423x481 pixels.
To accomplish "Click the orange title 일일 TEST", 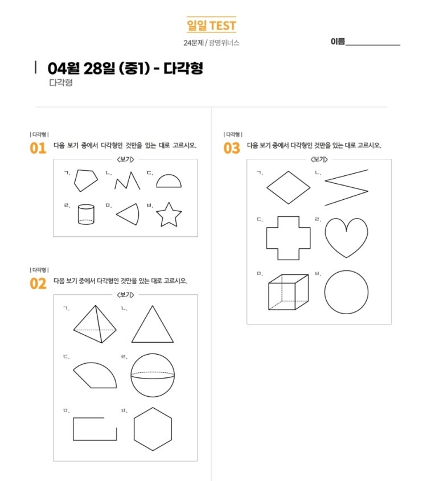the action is pyautogui.click(x=211, y=25).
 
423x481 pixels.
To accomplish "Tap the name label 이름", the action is pyautogui.click(x=338, y=42).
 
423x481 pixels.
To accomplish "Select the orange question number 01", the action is pyautogui.click(x=38, y=148).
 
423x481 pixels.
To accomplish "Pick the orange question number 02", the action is pyautogui.click(x=38, y=283).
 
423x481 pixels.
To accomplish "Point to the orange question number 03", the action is pyautogui.click(x=232, y=148).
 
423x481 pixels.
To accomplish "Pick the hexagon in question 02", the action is pyautogui.click(x=134, y=429).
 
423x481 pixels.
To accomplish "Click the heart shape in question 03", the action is pyautogui.click(x=346, y=257).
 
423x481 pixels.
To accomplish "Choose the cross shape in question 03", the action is pyautogui.click(x=267, y=238).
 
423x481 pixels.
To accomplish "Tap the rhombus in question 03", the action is pyautogui.click(x=278, y=179).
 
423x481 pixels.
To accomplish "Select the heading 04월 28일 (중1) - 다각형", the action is pyautogui.click(x=125, y=68).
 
